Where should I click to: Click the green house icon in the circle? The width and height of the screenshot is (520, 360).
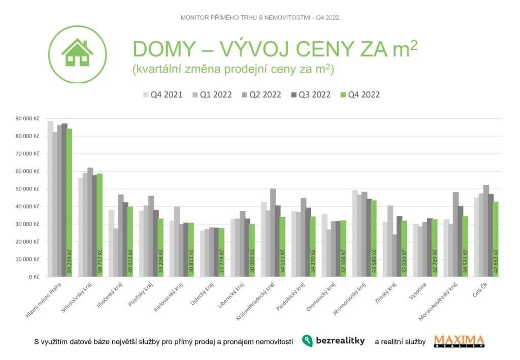point(77,53)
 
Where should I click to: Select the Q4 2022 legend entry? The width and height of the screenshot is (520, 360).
point(361,95)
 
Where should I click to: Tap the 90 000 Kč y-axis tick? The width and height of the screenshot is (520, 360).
point(28,118)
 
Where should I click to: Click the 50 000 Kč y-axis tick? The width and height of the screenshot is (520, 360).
point(28,189)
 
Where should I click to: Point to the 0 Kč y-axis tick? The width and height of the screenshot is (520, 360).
point(34,277)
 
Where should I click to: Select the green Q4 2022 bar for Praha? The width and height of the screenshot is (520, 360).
point(69,203)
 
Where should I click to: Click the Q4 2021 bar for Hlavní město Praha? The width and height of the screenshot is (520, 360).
point(50,199)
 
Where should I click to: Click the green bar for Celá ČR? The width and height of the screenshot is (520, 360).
point(496,239)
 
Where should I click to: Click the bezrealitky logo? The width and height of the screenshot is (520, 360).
point(333,341)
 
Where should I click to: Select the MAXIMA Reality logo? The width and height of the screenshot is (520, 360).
point(459,341)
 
